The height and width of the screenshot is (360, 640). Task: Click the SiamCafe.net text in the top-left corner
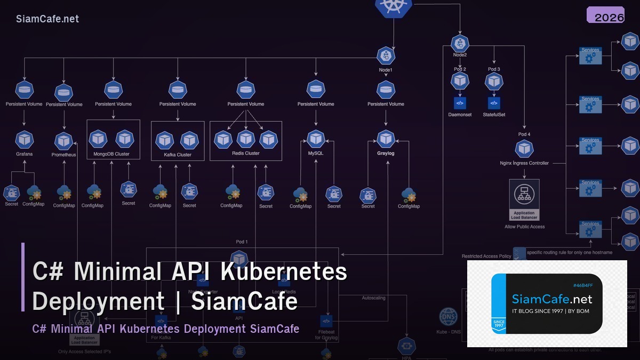(47, 19)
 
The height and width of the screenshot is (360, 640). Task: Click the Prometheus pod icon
(64, 141)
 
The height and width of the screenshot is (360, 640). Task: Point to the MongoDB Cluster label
(111, 155)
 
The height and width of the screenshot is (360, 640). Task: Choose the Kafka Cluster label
(177, 155)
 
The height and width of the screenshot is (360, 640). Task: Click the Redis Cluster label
(245, 153)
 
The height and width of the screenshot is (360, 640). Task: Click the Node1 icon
(386, 55)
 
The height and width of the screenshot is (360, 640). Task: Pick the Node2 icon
(460, 43)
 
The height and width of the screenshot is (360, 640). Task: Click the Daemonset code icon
(460, 103)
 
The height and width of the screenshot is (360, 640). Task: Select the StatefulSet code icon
(494, 103)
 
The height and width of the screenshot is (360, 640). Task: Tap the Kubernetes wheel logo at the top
(394, 6)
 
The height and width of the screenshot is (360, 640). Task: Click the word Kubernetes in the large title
(284, 271)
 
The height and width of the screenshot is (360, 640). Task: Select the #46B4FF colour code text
(583, 285)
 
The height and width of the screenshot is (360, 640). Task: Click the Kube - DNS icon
(448, 317)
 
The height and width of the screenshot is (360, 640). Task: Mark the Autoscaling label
(373, 298)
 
